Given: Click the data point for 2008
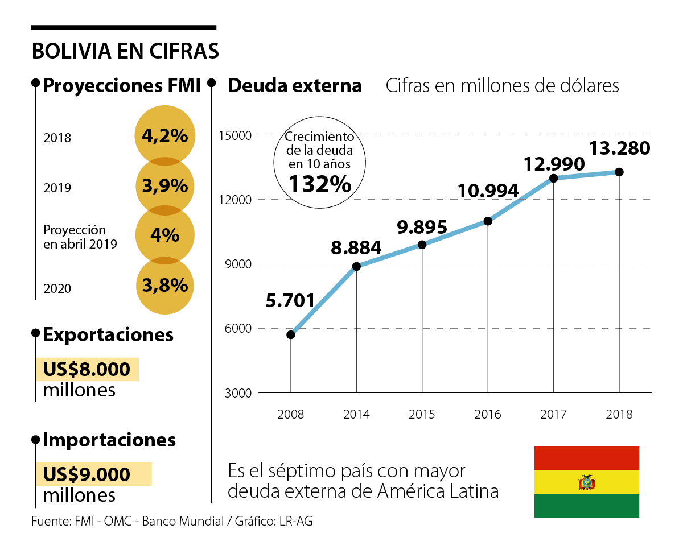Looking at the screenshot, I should (291, 334).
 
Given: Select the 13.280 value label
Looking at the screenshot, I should (619, 148).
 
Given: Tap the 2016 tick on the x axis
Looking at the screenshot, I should (488, 414).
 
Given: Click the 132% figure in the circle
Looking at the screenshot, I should (319, 184).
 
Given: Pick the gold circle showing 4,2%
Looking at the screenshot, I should (165, 135).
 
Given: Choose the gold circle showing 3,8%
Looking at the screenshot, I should (165, 286).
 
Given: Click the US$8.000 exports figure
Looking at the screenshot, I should (87, 370).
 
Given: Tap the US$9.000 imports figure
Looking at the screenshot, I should (87, 474).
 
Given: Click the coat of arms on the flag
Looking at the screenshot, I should (587, 482).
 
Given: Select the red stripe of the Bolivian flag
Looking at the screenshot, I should (587, 458).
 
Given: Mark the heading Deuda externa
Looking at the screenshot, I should (295, 86).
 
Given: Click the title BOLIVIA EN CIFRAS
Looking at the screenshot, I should (125, 51).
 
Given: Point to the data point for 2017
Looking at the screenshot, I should (554, 178).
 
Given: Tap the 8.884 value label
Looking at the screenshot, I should (357, 247).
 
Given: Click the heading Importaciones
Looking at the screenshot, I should (109, 440).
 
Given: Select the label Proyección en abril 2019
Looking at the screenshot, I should (80, 237).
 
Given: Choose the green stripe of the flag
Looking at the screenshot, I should (587, 506).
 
